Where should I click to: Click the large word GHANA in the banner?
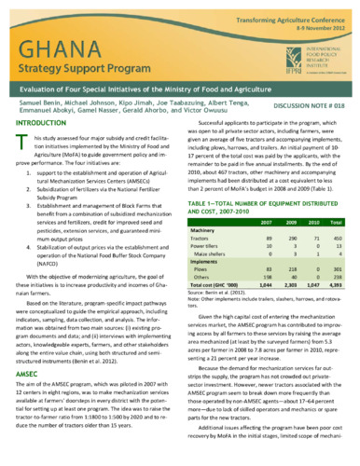click(x=61, y=53)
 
